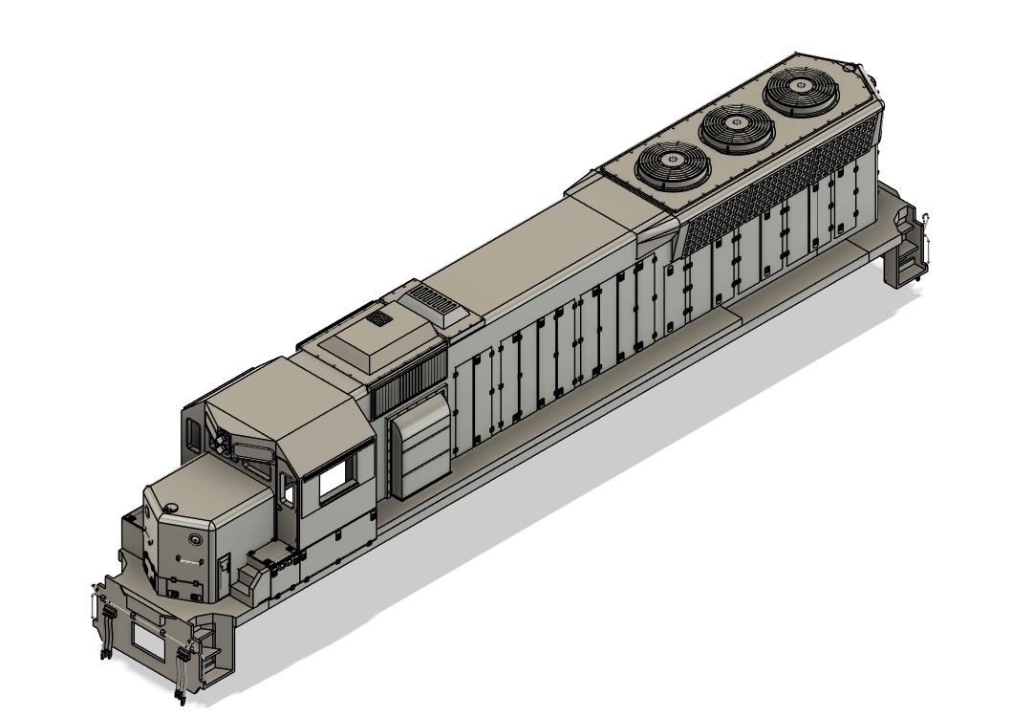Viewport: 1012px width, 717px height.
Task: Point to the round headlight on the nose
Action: pyautogui.click(x=196, y=540)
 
